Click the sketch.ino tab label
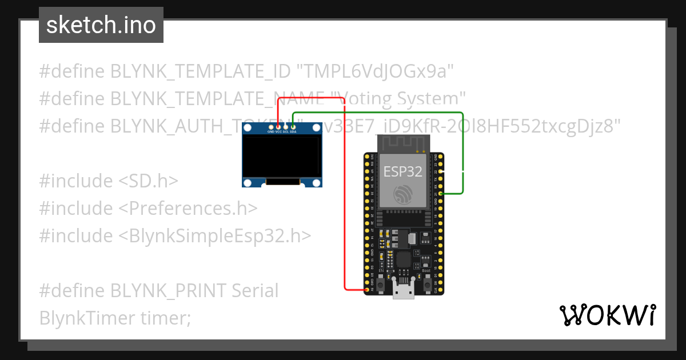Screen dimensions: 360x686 click(101, 25)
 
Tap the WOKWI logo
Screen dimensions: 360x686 click(608, 315)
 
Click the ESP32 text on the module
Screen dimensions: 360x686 click(403, 171)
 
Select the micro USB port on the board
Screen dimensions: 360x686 click(404, 291)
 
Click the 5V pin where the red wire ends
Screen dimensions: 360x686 click(366, 290)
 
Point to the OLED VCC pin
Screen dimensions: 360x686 click(278, 126)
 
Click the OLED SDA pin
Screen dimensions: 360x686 click(293, 126)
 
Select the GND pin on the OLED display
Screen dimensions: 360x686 click(271, 126)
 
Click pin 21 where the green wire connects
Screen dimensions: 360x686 click(440, 194)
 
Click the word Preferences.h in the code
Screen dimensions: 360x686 click(193, 209)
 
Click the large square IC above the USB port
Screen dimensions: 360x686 click(404, 259)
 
